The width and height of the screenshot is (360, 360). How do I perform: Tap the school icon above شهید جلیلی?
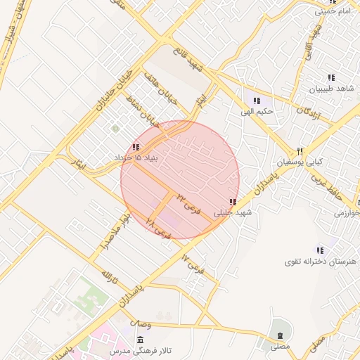pos(232,202)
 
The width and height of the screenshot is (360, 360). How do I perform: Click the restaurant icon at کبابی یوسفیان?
pos(300,151)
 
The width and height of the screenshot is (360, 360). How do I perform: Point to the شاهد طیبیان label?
pos(333,88)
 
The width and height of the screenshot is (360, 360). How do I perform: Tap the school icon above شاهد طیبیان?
pos(330,77)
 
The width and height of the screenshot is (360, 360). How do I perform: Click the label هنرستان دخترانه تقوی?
pos(321,262)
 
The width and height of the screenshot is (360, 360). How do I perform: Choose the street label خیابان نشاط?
pos(148,113)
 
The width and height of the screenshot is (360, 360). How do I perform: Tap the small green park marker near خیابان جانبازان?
pos(115,129)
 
